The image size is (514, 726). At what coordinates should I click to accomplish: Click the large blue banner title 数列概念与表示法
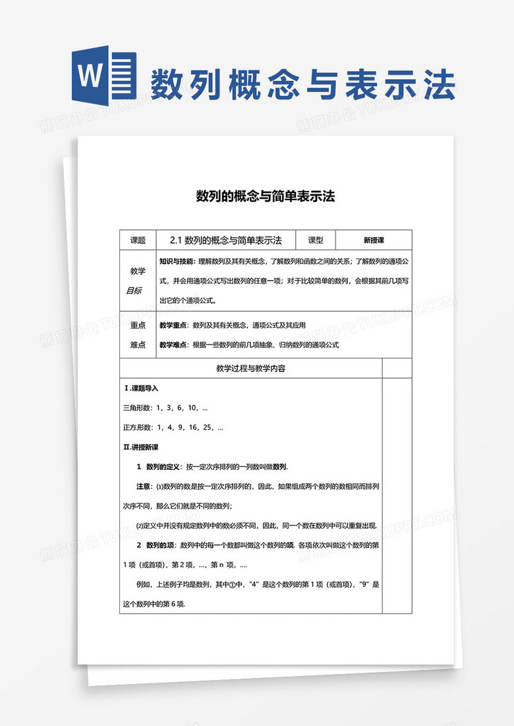click(302, 85)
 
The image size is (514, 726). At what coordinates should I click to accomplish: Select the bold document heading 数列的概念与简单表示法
click(266, 196)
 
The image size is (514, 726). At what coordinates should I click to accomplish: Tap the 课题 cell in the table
click(138, 240)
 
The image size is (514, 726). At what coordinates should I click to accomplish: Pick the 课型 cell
click(316, 240)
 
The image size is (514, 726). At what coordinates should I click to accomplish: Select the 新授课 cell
click(374, 240)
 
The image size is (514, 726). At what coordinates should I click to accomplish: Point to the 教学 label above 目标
click(138, 271)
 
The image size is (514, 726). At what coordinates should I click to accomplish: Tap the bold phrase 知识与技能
click(177, 261)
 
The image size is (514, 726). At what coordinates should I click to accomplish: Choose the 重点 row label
click(138, 325)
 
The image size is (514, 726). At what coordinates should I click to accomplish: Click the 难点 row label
click(138, 345)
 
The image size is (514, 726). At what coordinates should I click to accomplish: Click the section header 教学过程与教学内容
click(250, 368)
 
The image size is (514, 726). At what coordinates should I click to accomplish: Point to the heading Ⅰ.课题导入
click(141, 388)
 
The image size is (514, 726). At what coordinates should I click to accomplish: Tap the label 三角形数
click(137, 408)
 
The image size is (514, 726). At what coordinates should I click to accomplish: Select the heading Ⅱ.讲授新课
click(141, 447)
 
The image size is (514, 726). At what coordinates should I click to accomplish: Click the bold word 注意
click(144, 486)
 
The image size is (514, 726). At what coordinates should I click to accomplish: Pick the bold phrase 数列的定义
click(163, 466)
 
